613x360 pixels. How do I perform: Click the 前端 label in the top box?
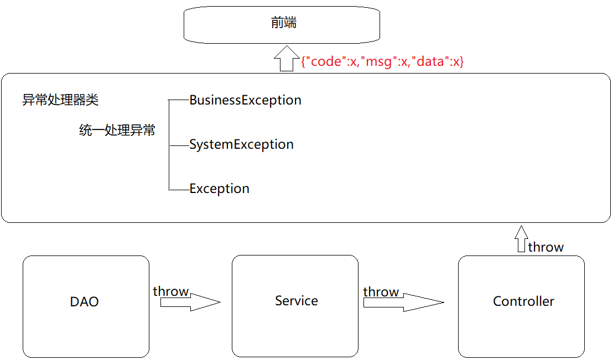(x=284, y=23)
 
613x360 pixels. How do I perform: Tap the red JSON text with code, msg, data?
(x=382, y=61)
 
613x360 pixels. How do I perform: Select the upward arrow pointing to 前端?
(x=286, y=58)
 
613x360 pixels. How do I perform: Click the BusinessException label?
(x=245, y=100)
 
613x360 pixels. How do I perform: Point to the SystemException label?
(x=241, y=144)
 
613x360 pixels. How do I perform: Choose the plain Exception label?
(x=219, y=189)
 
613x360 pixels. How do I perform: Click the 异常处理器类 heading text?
(x=60, y=100)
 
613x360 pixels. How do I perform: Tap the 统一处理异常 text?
(x=117, y=131)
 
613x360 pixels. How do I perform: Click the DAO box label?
(x=85, y=302)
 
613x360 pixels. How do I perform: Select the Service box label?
(x=296, y=301)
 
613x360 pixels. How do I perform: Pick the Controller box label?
(x=523, y=301)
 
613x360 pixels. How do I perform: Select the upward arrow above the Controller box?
(x=520, y=239)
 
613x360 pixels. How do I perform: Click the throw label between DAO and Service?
(x=171, y=291)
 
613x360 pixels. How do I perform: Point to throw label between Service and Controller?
(x=381, y=291)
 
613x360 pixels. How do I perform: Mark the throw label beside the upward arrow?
(x=546, y=247)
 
